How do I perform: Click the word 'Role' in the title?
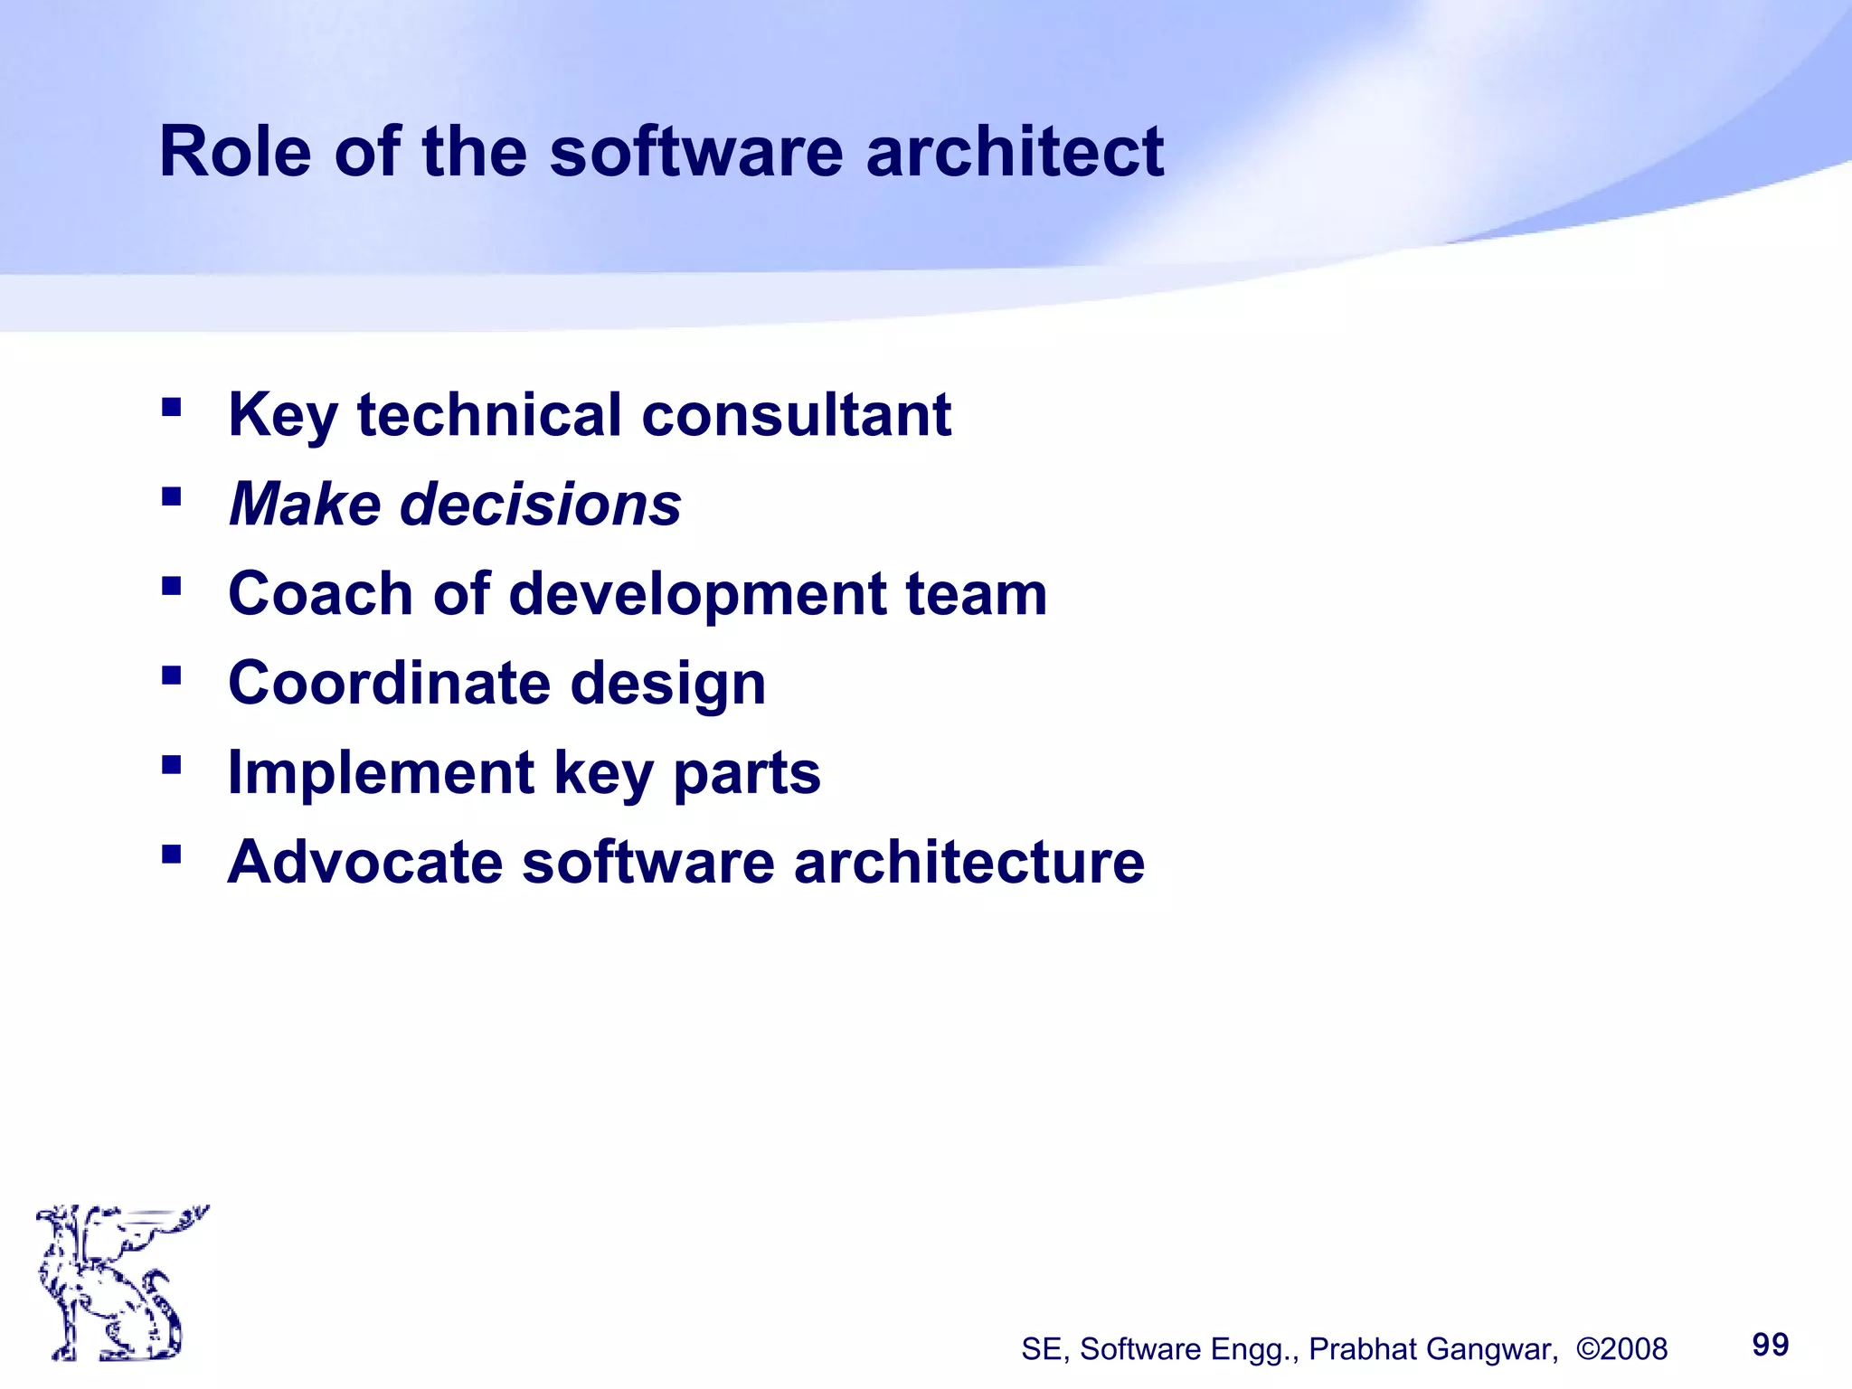click(x=235, y=152)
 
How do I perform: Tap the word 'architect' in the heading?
click(x=1015, y=152)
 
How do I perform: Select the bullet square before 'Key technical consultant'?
click(x=171, y=408)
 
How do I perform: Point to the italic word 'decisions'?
click(x=540, y=505)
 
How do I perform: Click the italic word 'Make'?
click(x=305, y=505)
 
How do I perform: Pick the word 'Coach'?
click(x=320, y=594)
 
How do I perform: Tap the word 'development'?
click(x=697, y=596)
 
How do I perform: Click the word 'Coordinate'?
click(x=389, y=683)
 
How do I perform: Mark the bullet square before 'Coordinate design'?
click(x=171, y=676)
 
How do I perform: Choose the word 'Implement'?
click(x=381, y=773)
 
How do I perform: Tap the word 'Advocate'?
click(x=364, y=862)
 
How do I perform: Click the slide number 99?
click(x=1770, y=1345)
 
